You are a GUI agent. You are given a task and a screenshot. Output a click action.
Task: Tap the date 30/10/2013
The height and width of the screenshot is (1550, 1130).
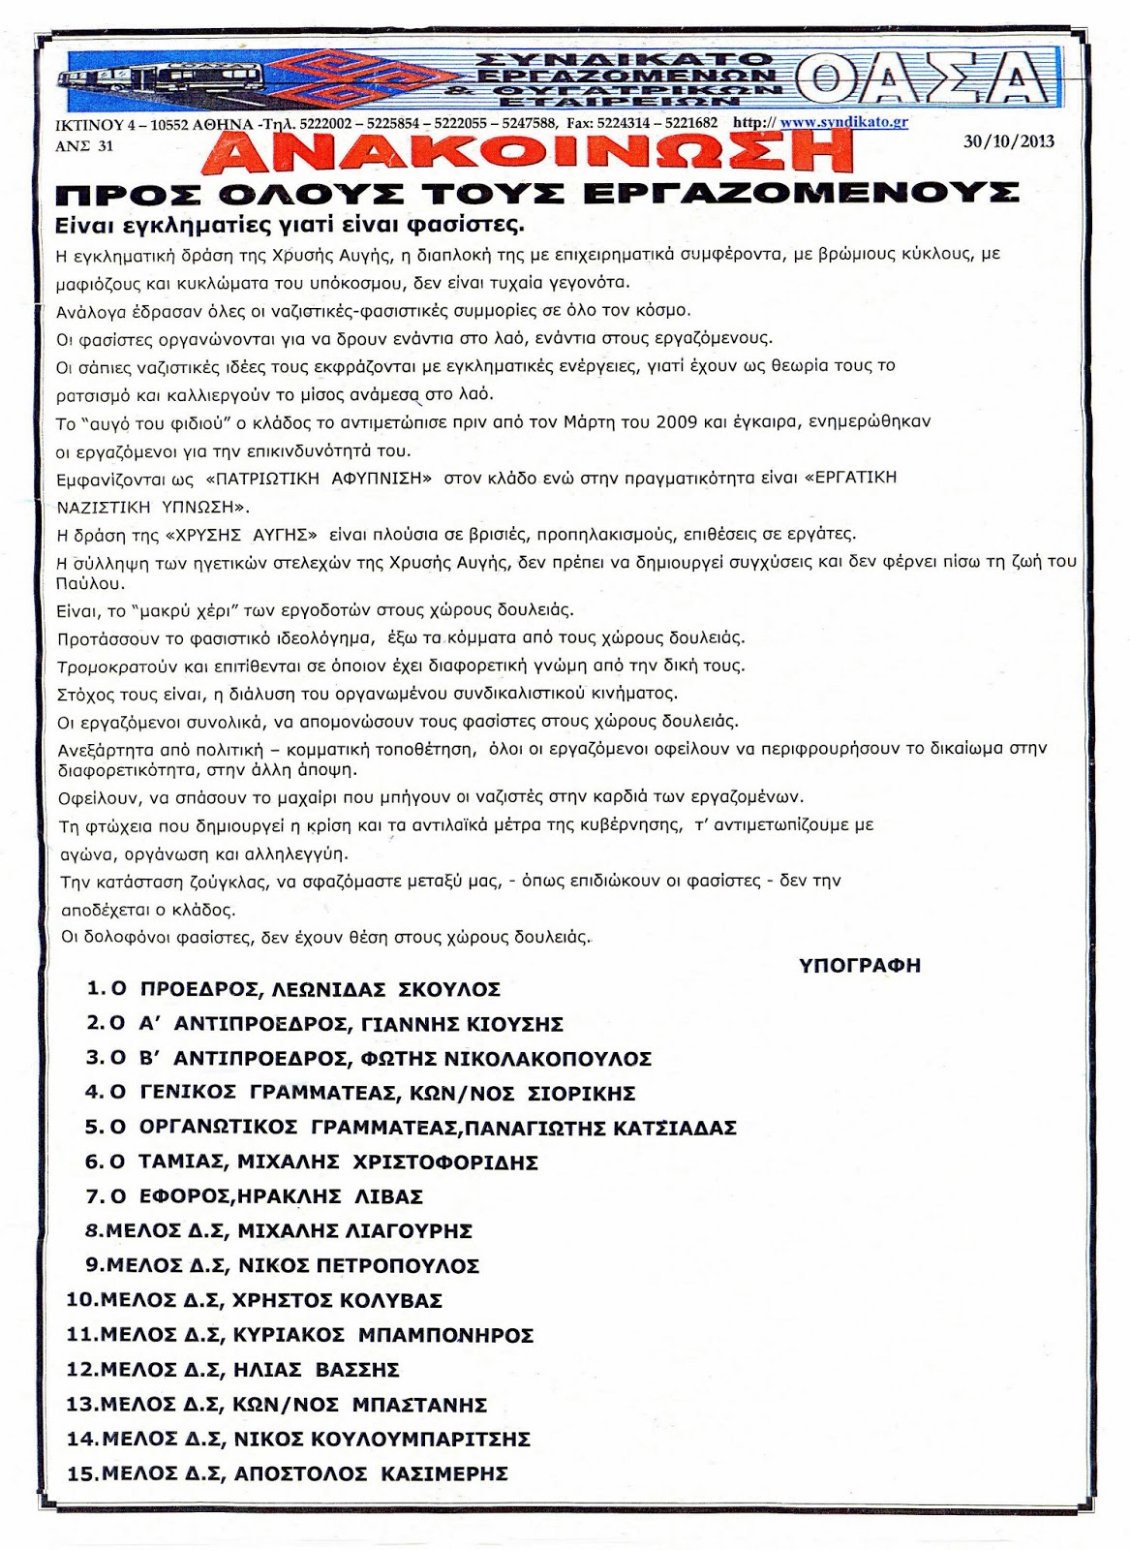(1008, 140)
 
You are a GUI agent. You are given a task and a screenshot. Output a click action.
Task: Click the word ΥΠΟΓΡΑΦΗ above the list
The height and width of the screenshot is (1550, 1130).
(859, 965)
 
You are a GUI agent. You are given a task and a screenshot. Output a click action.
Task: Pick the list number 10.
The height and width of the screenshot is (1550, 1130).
(80, 1300)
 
